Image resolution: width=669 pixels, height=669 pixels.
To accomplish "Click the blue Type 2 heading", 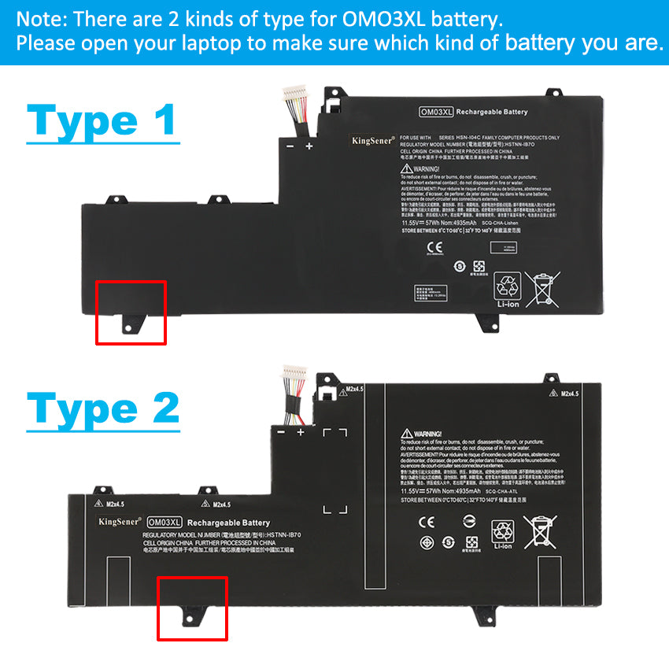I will coord(103,409).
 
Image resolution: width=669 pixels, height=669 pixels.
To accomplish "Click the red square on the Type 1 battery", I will coord(131,312).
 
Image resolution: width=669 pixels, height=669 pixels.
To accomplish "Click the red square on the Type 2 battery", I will coord(193,608).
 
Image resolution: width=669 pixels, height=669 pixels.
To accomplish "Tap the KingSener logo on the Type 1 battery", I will coord(373,141).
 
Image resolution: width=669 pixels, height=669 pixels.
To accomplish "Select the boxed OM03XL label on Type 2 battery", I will coord(164,523).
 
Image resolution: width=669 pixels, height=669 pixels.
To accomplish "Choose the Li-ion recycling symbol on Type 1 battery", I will coord(506,290).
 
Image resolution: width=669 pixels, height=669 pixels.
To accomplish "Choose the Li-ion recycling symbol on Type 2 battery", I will coord(501,534).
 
